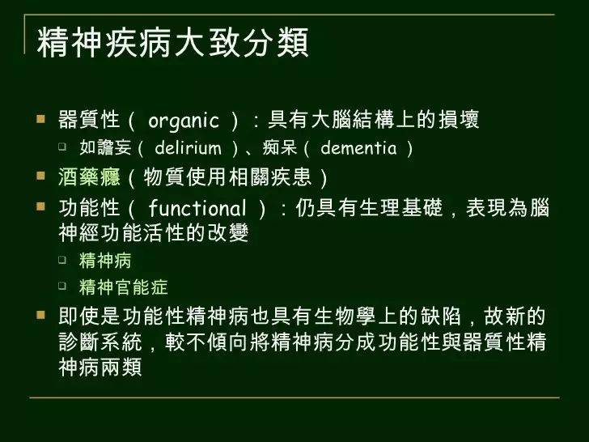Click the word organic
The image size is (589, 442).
coord(184,121)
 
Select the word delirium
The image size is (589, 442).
coord(188,148)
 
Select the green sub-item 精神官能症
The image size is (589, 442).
coord(123,287)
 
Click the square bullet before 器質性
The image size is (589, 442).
coord(42,120)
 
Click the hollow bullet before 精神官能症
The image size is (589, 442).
coord(64,287)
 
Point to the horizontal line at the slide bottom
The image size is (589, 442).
coord(294,397)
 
